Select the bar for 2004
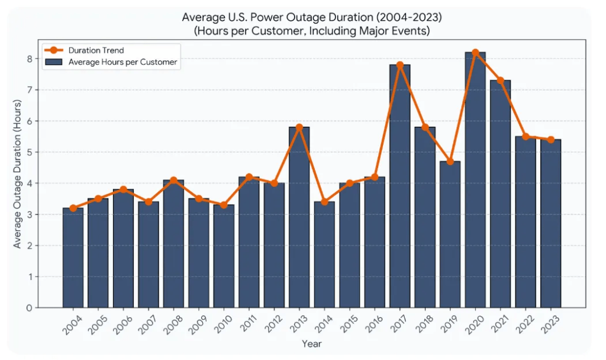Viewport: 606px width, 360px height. click(73, 258)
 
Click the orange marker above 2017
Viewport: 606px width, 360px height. click(400, 65)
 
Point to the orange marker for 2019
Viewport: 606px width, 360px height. click(450, 161)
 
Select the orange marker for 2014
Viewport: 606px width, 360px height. click(324, 202)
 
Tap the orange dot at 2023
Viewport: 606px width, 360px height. click(551, 140)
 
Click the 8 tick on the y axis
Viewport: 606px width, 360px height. click(28, 59)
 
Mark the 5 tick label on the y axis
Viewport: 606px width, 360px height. click(28, 152)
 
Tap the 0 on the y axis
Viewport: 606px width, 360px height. click(28, 308)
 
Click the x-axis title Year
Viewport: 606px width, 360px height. click(312, 343)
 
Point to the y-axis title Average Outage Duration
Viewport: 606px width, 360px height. click(17, 174)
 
